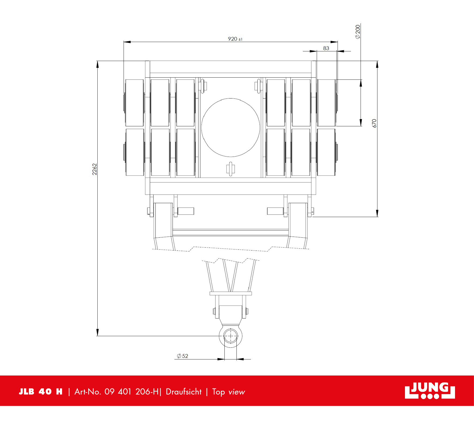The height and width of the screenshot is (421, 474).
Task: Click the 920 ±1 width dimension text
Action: click(235, 39)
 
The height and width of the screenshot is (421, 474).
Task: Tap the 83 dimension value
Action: click(326, 48)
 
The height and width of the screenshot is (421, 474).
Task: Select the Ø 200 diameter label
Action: click(358, 32)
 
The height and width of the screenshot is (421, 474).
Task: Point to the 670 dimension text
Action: click(374, 123)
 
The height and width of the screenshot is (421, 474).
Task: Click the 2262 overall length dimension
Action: click(94, 169)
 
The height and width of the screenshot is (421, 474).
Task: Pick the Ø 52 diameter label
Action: click(182, 356)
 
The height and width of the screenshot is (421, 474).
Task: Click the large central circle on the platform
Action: click(230, 127)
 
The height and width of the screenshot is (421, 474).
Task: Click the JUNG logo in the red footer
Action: click(430, 390)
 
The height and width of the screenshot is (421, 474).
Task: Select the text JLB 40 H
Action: click(40, 392)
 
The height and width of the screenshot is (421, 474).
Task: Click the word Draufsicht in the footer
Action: click(184, 392)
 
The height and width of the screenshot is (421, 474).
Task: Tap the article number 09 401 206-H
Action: click(132, 392)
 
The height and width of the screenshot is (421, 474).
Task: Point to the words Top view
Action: click(228, 392)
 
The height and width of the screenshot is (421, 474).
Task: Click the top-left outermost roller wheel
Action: click(135, 103)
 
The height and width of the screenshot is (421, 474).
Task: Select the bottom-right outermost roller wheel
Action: click(326, 152)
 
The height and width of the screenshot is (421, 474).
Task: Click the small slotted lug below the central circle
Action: click(231, 169)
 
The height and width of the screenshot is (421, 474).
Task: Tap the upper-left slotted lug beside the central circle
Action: click(203, 86)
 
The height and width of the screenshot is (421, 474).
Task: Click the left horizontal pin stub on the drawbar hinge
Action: click(185, 211)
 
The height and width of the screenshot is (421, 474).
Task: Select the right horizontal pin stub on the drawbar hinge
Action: click(275, 211)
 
